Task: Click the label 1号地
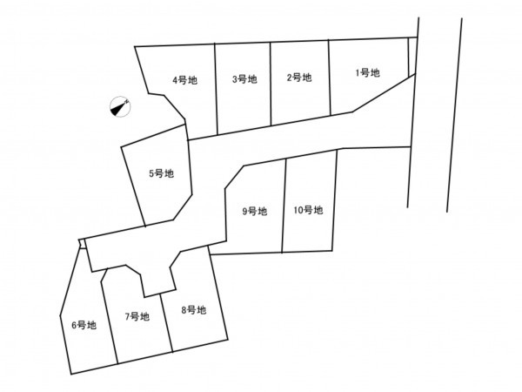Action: [x=367, y=72]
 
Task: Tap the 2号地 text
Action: [x=299, y=78]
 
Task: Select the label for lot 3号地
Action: [x=244, y=79]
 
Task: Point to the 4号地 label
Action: [x=184, y=80]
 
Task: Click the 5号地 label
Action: [x=162, y=173]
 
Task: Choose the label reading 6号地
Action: [x=84, y=325]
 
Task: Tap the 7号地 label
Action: [x=137, y=317]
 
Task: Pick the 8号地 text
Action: [x=194, y=310]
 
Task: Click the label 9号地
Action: [x=255, y=212]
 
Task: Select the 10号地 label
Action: [x=308, y=210]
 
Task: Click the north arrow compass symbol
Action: [x=120, y=106]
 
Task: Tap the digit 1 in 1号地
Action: [x=358, y=72]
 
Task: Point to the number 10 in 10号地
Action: [x=298, y=210]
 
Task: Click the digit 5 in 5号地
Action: [x=151, y=173]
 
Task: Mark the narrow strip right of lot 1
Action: [x=412, y=57]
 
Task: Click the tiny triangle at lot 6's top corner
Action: [x=83, y=244]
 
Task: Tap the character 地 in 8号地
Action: [x=202, y=310]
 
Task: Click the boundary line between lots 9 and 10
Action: [x=284, y=206]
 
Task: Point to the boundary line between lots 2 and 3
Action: [x=271, y=84]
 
